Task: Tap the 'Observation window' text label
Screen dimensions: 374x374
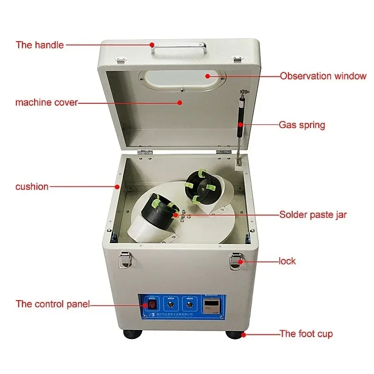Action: (323, 76)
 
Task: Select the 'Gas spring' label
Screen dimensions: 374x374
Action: (302, 125)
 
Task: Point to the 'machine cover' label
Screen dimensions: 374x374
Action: (46, 102)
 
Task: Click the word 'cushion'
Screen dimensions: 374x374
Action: (32, 187)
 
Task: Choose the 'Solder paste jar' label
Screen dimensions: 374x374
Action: (313, 215)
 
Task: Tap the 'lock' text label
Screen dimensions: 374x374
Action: (287, 261)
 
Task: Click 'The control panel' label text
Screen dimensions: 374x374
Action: (52, 304)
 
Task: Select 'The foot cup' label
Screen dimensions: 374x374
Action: (306, 334)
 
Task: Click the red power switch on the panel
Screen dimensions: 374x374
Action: (152, 305)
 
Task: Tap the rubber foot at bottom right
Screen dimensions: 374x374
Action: (235, 335)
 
